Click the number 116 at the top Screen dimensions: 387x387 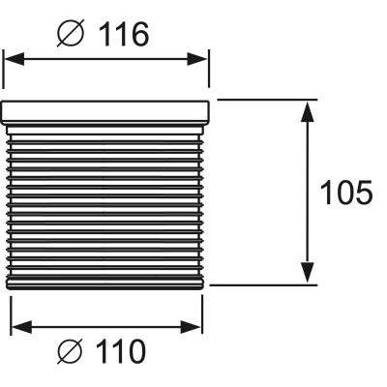(124, 35)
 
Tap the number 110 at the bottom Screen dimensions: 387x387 (122, 351)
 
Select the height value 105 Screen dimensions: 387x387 (346, 193)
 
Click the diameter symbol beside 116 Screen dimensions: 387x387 (71, 33)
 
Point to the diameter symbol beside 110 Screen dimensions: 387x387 (71, 351)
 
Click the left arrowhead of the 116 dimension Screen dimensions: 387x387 (14, 59)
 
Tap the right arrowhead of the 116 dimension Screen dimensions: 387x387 (197, 59)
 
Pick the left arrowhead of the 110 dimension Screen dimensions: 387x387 (21, 327)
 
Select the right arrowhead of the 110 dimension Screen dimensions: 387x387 (191, 327)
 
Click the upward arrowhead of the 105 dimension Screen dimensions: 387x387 (308, 111)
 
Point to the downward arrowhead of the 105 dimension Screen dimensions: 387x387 (308, 273)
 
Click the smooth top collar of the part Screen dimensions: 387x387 (104, 112)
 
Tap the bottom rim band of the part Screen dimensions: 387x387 (105, 283)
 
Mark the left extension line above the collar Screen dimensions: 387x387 (3, 69)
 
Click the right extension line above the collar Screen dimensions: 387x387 (209, 69)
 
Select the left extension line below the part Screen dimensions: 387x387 (12, 315)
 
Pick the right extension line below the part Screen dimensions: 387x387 (202, 314)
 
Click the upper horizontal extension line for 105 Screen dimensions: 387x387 (267, 100)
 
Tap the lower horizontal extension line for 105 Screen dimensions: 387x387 (263, 285)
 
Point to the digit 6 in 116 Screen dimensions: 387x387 (140, 35)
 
